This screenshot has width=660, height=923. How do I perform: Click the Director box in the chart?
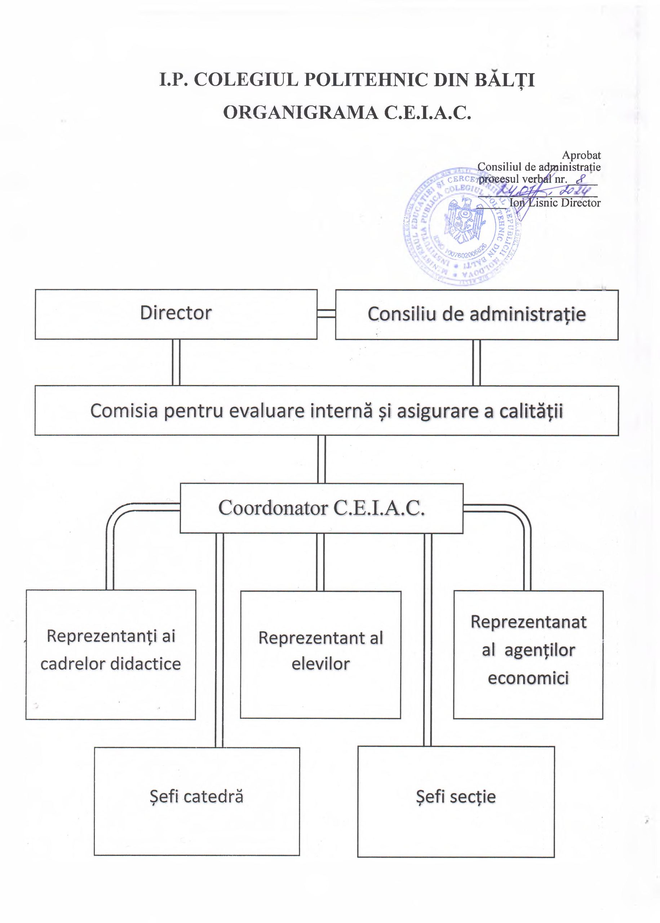click(x=176, y=314)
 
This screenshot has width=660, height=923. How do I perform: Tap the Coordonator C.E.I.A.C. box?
click(x=322, y=508)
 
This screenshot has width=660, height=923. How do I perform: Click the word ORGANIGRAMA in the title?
click(x=300, y=112)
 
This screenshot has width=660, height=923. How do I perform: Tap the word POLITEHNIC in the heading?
click(x=366, y=80)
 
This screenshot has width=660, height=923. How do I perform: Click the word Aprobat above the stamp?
click(x=581, y=155)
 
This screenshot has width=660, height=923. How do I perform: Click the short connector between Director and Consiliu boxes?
click(x=326, y=313)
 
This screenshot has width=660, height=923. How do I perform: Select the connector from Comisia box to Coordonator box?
click(x=322, y=459)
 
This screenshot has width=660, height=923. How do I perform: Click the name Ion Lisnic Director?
click(x=555, y=202)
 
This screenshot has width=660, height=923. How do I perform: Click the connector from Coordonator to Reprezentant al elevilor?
click(x=320, y=562)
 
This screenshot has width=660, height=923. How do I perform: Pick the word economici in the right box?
click(x=528, y=678)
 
